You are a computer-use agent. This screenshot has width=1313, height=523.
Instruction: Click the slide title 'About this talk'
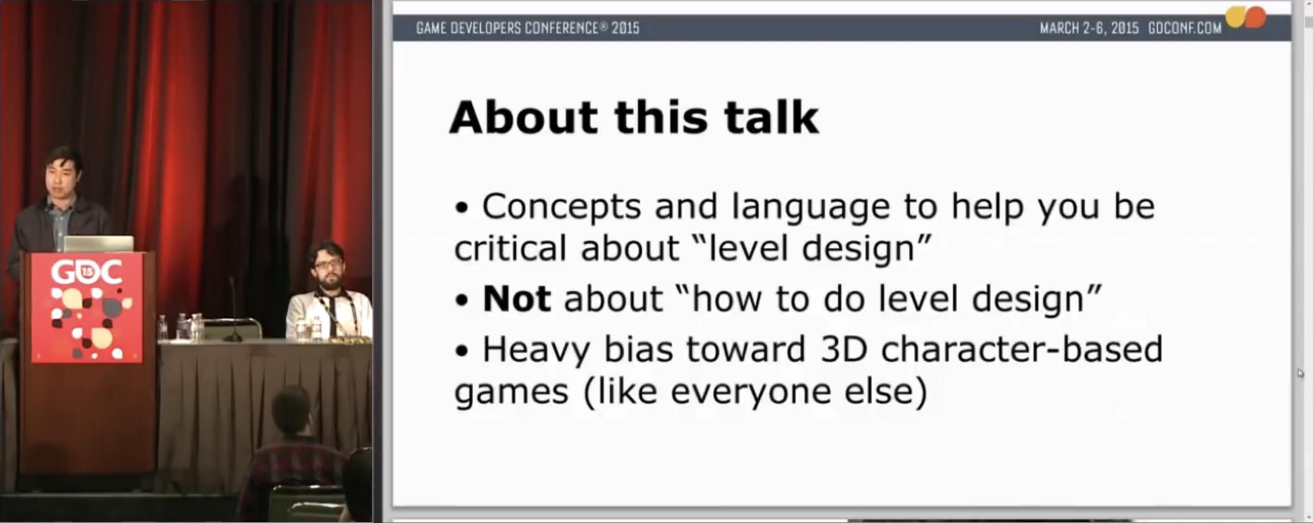pos(634,117)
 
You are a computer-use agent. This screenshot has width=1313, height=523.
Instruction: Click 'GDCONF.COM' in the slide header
pos(1185,28)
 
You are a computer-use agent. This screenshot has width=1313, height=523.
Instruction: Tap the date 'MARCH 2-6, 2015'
pos(1089,28)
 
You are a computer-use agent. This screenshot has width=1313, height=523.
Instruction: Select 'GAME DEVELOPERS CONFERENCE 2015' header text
pos(528,28)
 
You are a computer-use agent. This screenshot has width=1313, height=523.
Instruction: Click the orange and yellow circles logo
pos(1245,17)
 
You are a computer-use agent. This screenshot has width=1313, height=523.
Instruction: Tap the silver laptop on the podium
pos(98,244)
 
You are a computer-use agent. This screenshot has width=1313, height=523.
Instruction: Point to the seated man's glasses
pos(326,266)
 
